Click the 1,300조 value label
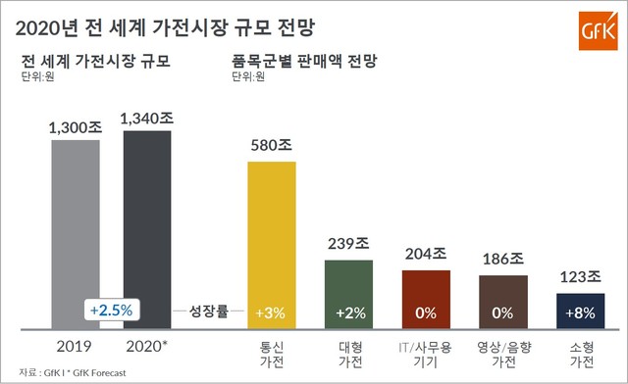76,126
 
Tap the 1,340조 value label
146,118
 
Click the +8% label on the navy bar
580,312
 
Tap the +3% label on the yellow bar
272,312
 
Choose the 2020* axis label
147,346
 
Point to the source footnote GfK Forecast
98,372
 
